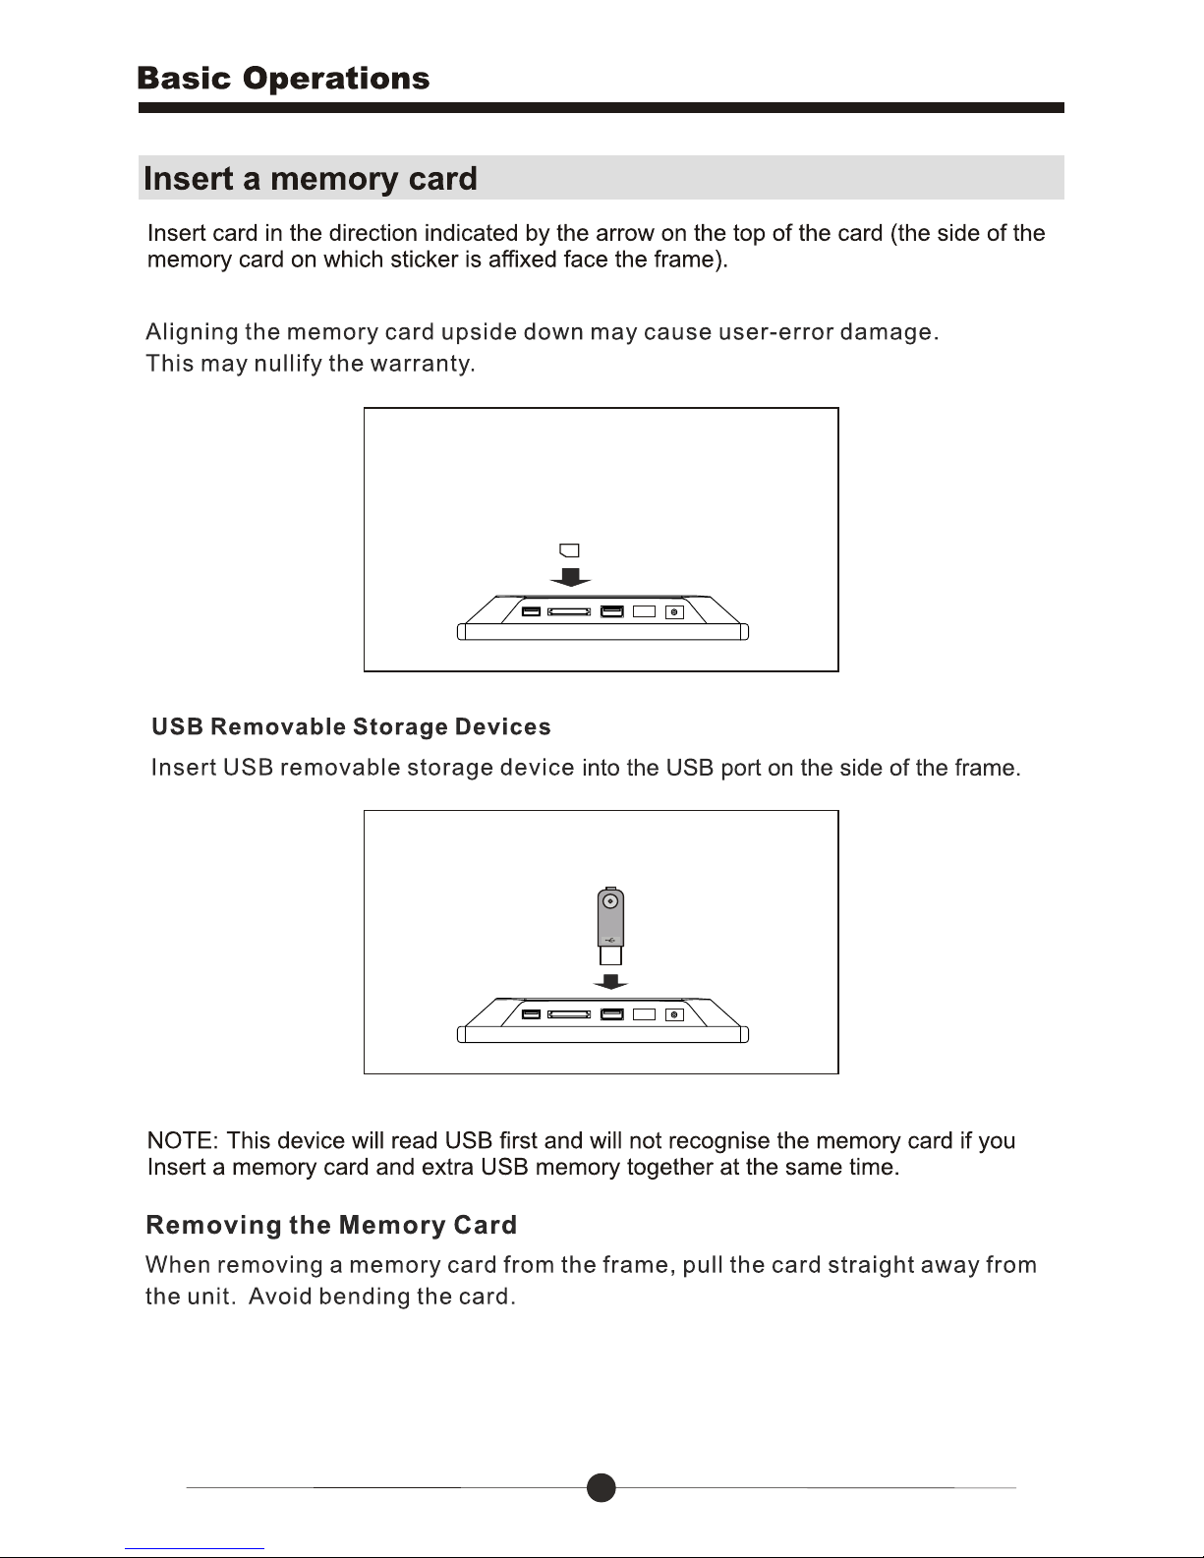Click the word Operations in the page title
click(x=336, y=79)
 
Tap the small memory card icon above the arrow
click(x=569, y=550)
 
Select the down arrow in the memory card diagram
click(x=570, y=577)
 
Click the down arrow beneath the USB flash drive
click(x=610, y=982)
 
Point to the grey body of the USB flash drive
click(x=610, y=918)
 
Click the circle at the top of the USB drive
click(x=610, y=900)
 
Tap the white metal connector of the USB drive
click(x=610, y=955)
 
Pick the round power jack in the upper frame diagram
click(x=674, y=612)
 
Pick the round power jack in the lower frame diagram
click(x=674, y=1014)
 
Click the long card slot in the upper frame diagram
click(x=569, y=611)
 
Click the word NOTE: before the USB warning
click(x=183, y=1140)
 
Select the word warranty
click(x=422, y=364)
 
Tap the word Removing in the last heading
click(x=213, y=1226)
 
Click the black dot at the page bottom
click(x=602, y=1488)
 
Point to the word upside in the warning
click(x=479, y=332)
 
